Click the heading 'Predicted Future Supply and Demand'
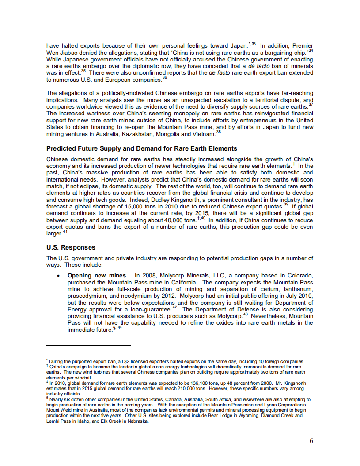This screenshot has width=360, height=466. (141, 148)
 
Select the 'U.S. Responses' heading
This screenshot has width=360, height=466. (71, 247)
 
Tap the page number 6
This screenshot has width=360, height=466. (311, 441)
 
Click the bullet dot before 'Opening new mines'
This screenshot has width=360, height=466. (58, 276)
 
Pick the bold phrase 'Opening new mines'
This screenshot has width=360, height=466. (92, 275)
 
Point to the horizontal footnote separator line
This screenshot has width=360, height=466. (88, 345)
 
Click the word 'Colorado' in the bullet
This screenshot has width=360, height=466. (300, 275)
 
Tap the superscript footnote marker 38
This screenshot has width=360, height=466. (218, 132)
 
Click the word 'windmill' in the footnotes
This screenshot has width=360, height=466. (83, 378)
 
